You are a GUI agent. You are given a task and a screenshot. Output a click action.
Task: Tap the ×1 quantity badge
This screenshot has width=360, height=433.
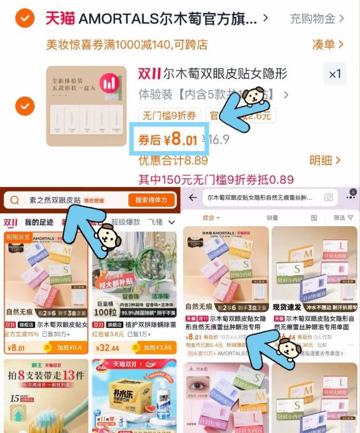click(x=335, y=74)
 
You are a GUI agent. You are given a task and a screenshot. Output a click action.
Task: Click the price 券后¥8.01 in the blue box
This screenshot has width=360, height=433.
click(x=168, y=140)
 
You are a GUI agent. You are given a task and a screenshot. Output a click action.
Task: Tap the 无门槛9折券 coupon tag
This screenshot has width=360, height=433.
click(x=171, y=115)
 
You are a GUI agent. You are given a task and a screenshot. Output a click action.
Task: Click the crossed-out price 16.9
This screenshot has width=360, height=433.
click(x=218, y=140)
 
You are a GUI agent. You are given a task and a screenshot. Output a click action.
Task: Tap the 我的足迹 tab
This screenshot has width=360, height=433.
click(x=39, y=222)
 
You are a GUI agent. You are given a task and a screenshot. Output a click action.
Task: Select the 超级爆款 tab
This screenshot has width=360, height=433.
click(x=126, y=222)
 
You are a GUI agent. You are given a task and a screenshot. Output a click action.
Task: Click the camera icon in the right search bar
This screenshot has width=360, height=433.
click(x=329, y=198)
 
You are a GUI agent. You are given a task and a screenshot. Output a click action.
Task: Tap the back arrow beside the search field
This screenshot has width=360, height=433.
click(x=193, y=198)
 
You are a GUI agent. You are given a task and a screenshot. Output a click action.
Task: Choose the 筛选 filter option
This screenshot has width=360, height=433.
click(x=342, y=218)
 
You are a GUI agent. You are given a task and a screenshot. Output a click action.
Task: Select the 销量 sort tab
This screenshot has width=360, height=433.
click(x=272, y=218)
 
